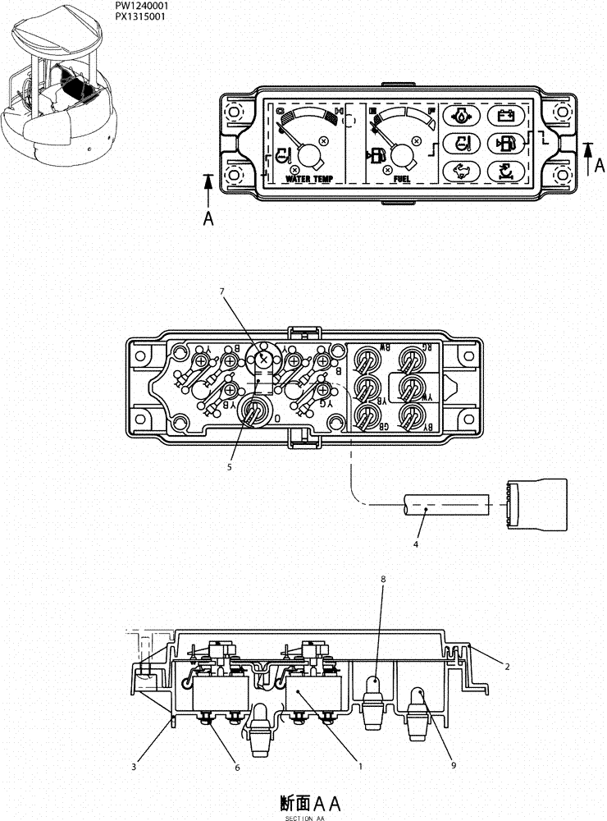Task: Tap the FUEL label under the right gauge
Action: tap(402, 177)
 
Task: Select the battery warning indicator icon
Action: tap(502, 117)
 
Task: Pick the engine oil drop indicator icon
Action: tap(462, 117)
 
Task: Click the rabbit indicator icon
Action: tap(462, 171)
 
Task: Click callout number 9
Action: tap(453, 764)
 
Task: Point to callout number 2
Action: tap(507, 667)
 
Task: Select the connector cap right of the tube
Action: tap(536, 502)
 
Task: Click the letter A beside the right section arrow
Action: tap(600, 165)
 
